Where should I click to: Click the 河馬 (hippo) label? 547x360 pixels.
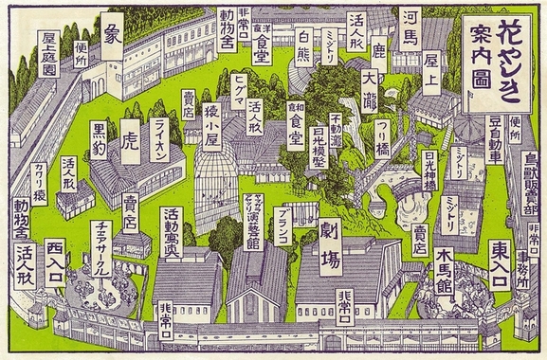click(x=410, y=31)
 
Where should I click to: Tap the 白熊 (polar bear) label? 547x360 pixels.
click(x=304, y=45)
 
